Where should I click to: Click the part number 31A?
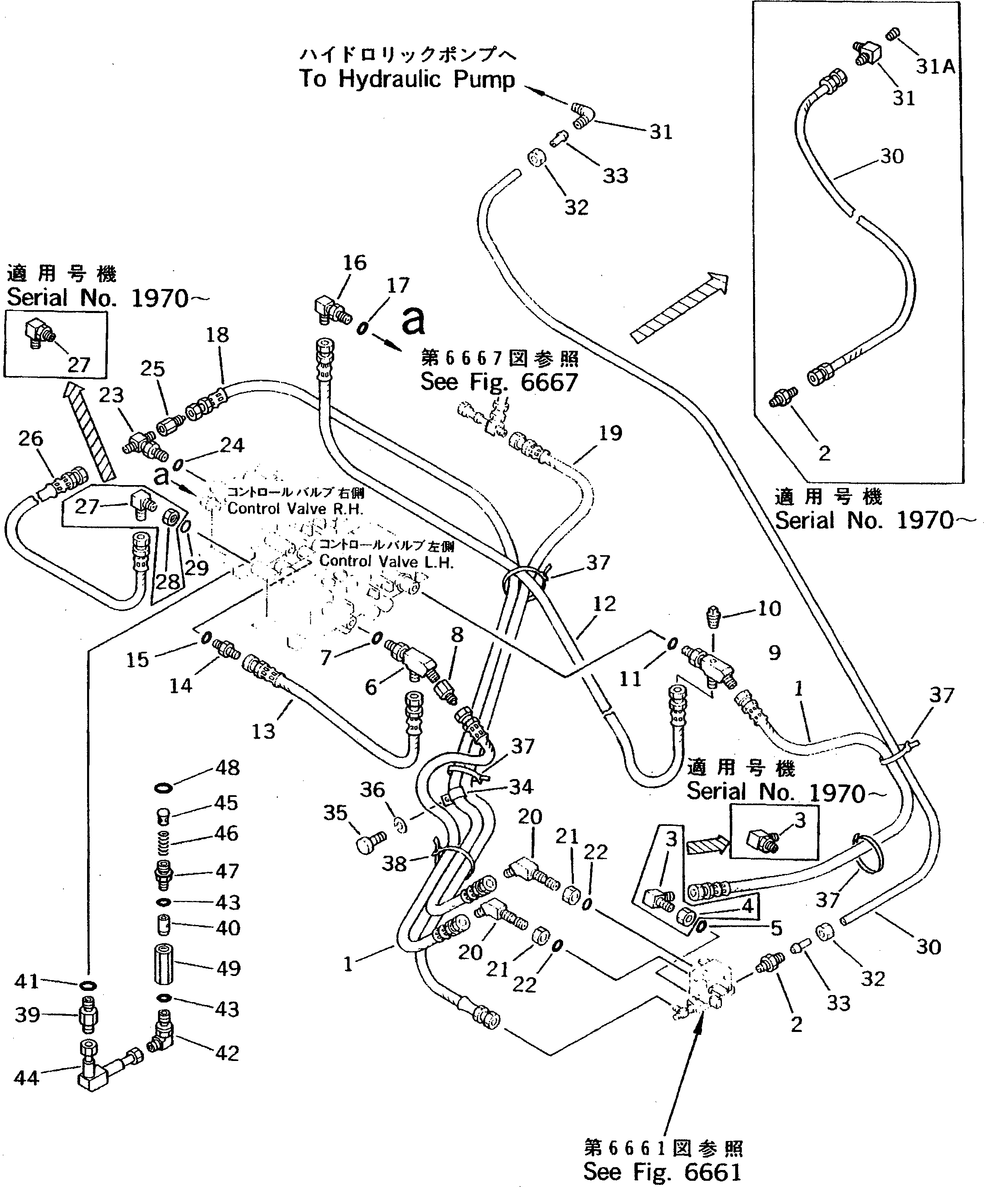click(935, 67)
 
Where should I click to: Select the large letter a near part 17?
click(413, 321)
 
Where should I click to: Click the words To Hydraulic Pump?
click(407, 80)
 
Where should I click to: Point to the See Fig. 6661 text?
click(662, 1171)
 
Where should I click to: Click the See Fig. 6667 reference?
click(499, 383)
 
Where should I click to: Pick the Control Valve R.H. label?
click(295, 508)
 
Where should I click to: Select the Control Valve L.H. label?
click(386, 561)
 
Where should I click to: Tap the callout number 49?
click(228, 968)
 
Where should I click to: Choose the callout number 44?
click(26, 1078)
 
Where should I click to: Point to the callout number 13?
click(263, 731)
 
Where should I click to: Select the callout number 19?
click(610, 433)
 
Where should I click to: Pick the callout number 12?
click(604, 604)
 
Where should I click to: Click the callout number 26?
click(31, 438)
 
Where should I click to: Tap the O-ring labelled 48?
click(163, 787)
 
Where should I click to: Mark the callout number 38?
click(394, 864)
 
